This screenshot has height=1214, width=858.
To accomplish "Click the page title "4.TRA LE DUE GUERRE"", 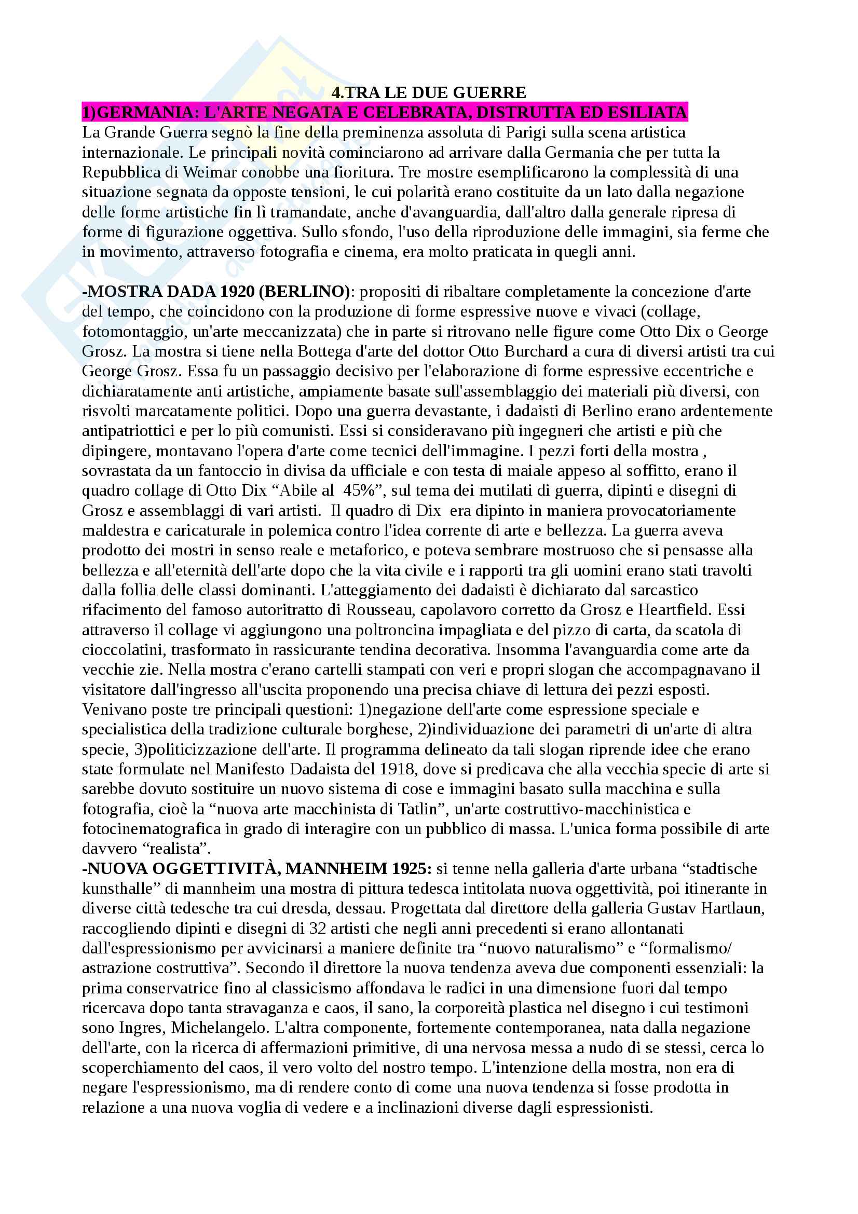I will pyautogui.click(x=428, y=92).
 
